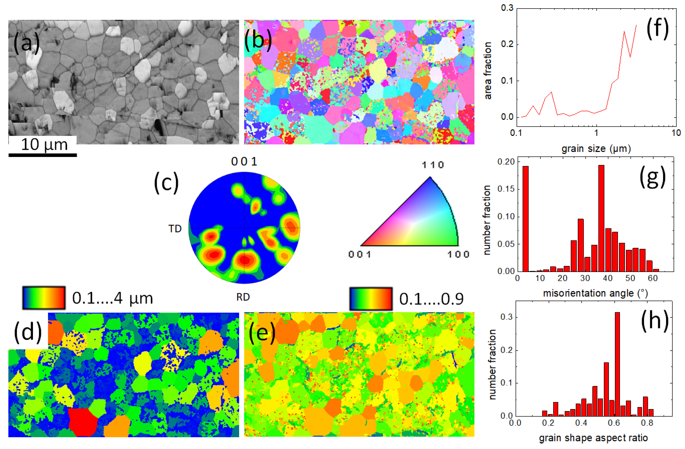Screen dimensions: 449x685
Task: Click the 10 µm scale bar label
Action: [44, 145]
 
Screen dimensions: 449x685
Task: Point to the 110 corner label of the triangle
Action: [433, 165]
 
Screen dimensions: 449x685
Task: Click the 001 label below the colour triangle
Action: [360, 254]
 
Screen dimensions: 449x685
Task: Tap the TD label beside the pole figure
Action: [175, 229]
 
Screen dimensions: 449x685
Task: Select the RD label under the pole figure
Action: [243, 297]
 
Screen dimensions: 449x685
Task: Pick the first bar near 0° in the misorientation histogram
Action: [525, 219]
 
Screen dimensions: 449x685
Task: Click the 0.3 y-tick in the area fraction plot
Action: [507, 8]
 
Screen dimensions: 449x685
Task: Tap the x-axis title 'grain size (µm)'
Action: [596, 149]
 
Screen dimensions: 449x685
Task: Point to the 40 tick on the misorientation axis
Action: [607, 278]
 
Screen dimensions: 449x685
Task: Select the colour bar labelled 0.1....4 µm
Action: [44, 298]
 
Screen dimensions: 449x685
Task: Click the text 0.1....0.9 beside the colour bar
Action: [431, 299]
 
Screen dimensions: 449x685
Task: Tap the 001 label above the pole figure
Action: [244, 162]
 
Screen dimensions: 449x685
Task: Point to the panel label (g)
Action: [652, 178]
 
